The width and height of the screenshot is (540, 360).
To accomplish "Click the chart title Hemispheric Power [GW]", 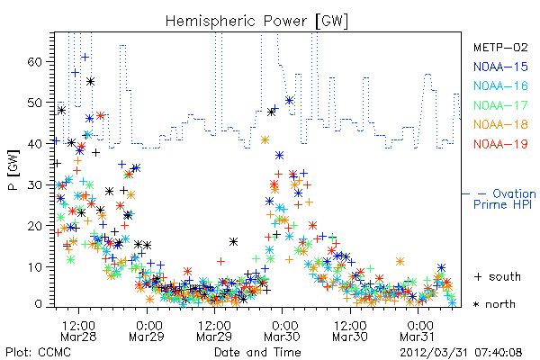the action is point(256,21).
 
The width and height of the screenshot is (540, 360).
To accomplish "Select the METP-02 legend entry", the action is point(500,47).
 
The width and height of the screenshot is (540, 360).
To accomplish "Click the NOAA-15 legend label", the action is point(500,67).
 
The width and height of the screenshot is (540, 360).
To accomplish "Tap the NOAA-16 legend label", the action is point(500,85).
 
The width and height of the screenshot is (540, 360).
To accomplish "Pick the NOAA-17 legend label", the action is point(500,105).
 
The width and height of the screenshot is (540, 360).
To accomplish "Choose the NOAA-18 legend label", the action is point(500,124).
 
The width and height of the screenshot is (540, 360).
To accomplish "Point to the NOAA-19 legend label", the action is point(500,144).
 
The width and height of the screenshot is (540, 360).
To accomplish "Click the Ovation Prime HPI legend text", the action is point(504,199).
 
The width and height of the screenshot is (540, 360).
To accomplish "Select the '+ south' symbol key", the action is point(498,276).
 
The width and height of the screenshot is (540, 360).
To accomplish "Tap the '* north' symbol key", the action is point(494,304).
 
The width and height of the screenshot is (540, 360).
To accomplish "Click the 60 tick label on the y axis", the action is point(34,62).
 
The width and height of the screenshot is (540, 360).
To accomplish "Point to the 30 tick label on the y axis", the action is point(34,185).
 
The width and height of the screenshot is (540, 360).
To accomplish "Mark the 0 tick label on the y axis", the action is point(39,304).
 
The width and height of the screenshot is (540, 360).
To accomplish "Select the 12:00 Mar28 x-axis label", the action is point(78,331).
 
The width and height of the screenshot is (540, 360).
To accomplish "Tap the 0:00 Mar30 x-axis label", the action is point(282,331).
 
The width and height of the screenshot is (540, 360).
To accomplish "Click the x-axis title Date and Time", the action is point(257,353).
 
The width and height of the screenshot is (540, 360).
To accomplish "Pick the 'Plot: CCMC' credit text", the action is point(38,353).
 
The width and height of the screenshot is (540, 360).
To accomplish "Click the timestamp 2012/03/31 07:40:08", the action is point(461,353).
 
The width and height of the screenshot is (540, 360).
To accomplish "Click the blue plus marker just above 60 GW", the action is point(85,58).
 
